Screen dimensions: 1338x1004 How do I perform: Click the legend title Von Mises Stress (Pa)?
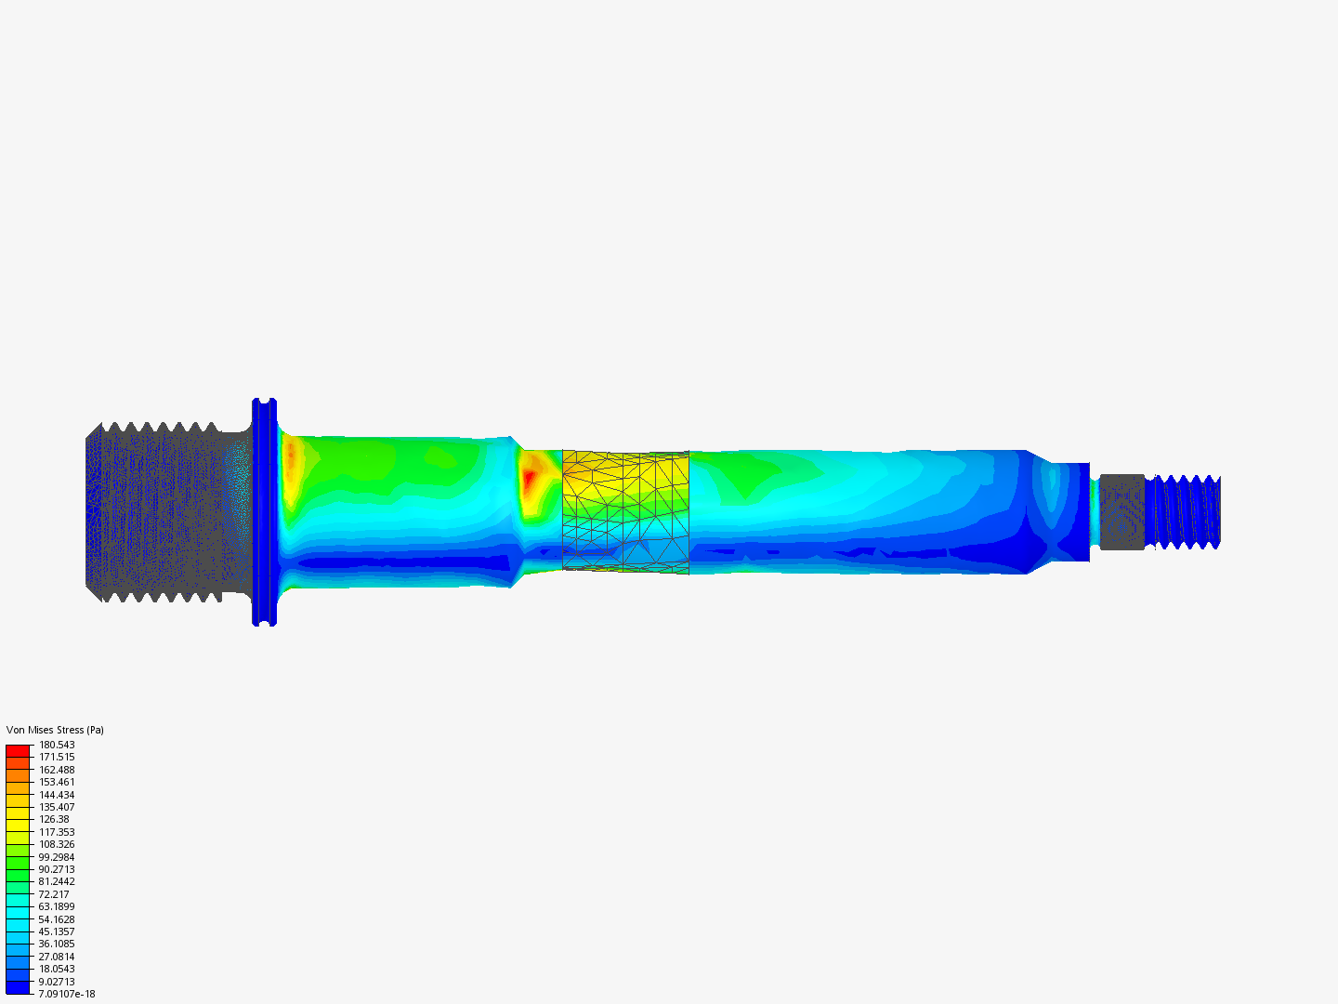(x=55, y=730)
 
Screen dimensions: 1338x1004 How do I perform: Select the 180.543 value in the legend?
(x=57, y=745)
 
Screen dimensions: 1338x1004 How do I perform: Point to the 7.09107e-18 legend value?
(x=67, y=994)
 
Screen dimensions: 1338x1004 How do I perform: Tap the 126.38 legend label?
(x=54, y=819)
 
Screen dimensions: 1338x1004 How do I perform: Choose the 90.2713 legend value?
(x=57, y=869)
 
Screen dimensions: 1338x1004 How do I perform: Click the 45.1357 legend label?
(x=57, y=931)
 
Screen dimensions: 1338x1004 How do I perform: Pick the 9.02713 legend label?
(x=57, y=982)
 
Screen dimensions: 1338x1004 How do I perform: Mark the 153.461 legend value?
(x=57, y=782)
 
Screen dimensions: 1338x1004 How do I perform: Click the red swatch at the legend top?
(x=18, y=751)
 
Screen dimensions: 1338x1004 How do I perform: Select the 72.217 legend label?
(x=54, y=894)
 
